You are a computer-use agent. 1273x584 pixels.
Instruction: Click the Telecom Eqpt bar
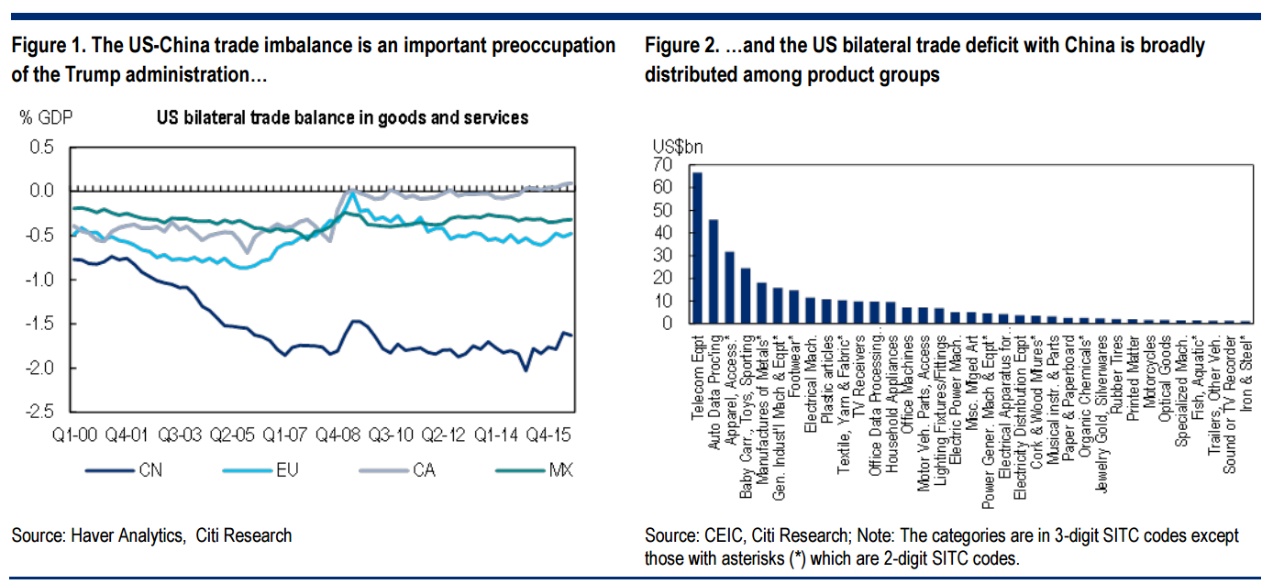(x=697, y=248)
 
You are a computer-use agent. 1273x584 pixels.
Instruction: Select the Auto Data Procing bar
(x=714, y=271)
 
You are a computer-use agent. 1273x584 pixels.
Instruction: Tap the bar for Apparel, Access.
(x=730, y=287)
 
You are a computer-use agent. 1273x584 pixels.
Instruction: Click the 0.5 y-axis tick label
(x=41, y=146)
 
